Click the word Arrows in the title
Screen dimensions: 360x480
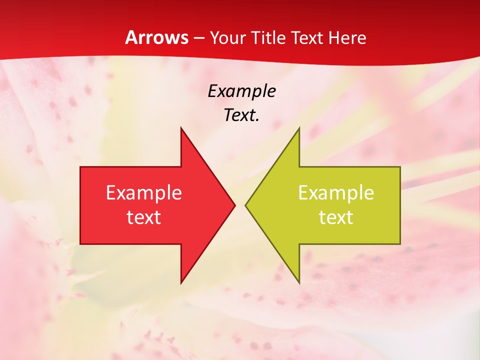point(156,37)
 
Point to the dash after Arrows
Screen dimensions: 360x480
point(198,38)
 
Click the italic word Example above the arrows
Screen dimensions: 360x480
point(241,91)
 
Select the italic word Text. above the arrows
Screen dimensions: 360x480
point(241,115)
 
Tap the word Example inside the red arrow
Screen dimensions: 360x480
point(143,192)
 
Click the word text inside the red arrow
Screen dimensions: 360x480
point(143,217)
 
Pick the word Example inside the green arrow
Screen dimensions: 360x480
point(336,192)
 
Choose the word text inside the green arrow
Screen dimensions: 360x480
point(336,217)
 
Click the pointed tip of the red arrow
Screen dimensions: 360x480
point(234,205)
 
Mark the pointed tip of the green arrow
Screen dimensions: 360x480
point(245,205)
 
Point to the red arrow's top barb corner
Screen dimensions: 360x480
point(181,128)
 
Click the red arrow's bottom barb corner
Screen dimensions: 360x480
point(181,283)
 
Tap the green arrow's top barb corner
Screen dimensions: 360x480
point(299,128)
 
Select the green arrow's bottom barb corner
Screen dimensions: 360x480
point(299,283)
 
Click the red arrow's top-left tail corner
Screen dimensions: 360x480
point(80,167)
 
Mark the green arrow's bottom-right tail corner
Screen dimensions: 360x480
point(400,244)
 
